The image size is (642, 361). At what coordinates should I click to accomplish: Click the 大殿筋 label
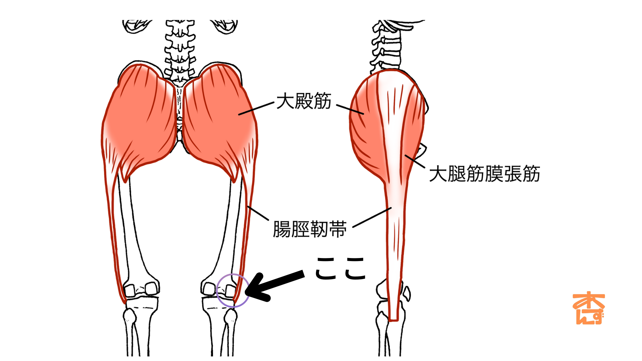(304, 101)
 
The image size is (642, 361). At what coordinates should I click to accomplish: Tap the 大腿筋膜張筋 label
(484, 174)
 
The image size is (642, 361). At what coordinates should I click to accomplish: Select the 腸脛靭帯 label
(310, 229)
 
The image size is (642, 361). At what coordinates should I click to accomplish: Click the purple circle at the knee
(233, 290)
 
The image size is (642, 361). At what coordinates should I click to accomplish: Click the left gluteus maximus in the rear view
(140, 120)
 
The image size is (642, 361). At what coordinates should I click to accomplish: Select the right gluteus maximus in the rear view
(217, 120)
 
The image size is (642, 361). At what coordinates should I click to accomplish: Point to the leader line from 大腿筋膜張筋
(415, 161)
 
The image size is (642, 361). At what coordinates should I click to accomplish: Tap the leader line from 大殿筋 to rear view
(256, 109)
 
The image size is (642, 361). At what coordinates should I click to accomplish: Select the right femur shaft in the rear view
(227, 227)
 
